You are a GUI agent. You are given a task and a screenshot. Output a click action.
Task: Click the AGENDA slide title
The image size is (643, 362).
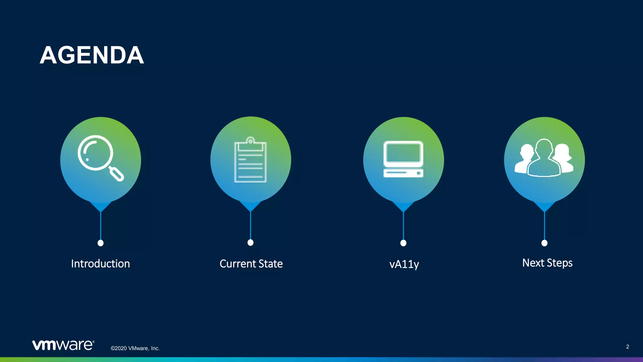[92, 55]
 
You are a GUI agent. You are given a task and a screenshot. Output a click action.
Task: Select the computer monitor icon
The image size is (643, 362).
[403, 159]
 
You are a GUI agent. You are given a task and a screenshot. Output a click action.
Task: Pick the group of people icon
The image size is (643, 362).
[544, 158]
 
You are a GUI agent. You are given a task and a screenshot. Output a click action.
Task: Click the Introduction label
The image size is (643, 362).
[100, 264]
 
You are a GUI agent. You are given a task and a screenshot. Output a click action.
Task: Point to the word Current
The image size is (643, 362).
[238, 264]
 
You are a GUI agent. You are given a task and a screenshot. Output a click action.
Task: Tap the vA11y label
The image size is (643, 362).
[404, 264]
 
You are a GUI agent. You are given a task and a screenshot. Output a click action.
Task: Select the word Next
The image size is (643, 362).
[533, 263]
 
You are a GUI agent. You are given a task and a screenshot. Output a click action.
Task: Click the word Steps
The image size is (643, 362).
[560, 263]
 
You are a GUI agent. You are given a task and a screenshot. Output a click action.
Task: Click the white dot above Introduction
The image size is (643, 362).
[100, 243]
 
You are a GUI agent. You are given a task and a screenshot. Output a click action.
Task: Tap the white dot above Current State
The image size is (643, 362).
[251, 243]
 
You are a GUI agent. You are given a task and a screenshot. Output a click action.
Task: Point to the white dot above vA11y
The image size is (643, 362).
[403, 243]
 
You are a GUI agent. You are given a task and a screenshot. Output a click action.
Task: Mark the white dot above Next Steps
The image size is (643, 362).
[544, 243]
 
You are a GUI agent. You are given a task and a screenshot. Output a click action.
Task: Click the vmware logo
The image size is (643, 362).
[63, 345]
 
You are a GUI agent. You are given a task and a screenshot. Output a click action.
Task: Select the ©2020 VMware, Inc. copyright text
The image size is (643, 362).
[135, 348]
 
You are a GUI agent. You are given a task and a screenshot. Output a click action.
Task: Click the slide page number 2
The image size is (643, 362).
[627, 347]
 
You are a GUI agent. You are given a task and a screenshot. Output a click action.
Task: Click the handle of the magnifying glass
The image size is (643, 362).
[117, 174]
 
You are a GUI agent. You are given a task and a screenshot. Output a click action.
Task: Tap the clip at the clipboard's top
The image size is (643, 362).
[251, 140]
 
